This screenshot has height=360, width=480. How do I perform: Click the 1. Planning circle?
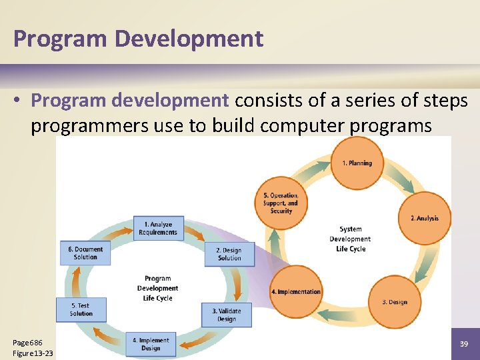357,163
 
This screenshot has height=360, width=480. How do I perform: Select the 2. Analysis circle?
424,218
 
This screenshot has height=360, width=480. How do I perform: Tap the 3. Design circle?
395,302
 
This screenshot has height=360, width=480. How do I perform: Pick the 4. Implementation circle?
296,291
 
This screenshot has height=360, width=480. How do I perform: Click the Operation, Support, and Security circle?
281,203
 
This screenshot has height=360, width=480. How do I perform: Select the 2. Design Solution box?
229,254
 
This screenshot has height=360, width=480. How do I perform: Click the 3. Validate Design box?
227,315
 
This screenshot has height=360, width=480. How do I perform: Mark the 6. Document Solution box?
85,253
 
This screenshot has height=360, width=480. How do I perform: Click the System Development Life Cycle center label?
350,239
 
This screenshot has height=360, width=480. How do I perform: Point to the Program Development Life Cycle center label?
157,288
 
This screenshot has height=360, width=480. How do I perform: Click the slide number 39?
464,343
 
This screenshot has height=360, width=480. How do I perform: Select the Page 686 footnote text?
27,342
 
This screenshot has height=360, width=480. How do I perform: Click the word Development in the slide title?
189,39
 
